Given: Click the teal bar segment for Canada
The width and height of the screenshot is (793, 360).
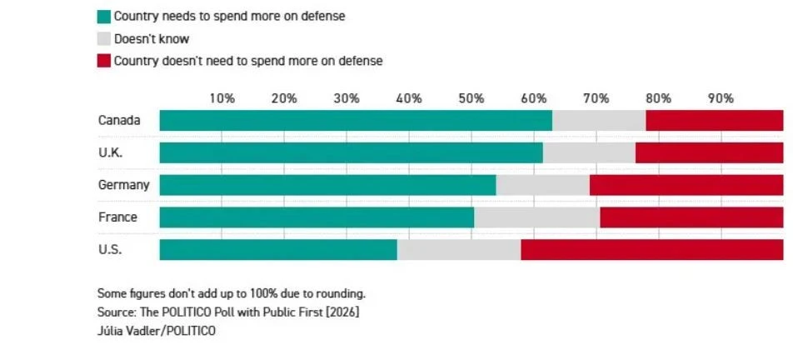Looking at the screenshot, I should pyautogui.click(x=356, y=121).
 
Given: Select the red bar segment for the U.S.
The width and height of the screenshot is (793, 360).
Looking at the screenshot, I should pyautogui.click(x=652, y=249).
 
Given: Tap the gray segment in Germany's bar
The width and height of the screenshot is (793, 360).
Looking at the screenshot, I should pyautogui.click(x=542, y=185).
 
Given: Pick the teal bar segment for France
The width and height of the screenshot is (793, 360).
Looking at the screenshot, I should pyautogui.click(x=317, y=217).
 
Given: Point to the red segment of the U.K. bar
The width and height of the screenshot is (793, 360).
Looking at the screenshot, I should pyautogui.click(x=709, y=152).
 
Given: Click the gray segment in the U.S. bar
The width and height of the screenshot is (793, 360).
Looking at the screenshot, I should pyautogui.click(x=459, y=249).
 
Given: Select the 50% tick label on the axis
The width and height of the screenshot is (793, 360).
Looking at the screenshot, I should pyautogui.click(x=471, y=98).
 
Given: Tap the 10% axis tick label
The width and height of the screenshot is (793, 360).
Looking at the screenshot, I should pyautogui.click(x=222, y=98).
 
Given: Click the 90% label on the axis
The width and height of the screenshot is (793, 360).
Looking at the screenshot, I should pyautogui.click(x=721, y=98).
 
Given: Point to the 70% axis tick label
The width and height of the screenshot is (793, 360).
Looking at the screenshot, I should pyautogui.click(x=596, y=98).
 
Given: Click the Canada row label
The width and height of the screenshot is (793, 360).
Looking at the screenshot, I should pyautogui.click(x=119, y=121).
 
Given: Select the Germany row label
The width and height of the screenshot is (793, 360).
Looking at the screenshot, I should pyautogui.click(x=123, y=185).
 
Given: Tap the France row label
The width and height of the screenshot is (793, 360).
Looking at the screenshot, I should pyautogui.click(x=117, y=217).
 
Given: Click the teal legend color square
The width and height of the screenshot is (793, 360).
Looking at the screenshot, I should pyautogui.click(x=104, y=17).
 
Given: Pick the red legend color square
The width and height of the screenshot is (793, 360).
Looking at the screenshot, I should pyautogui.click(x=104, y=61).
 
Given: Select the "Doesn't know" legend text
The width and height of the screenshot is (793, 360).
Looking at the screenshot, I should pyautogui.click(x=152, y=39).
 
